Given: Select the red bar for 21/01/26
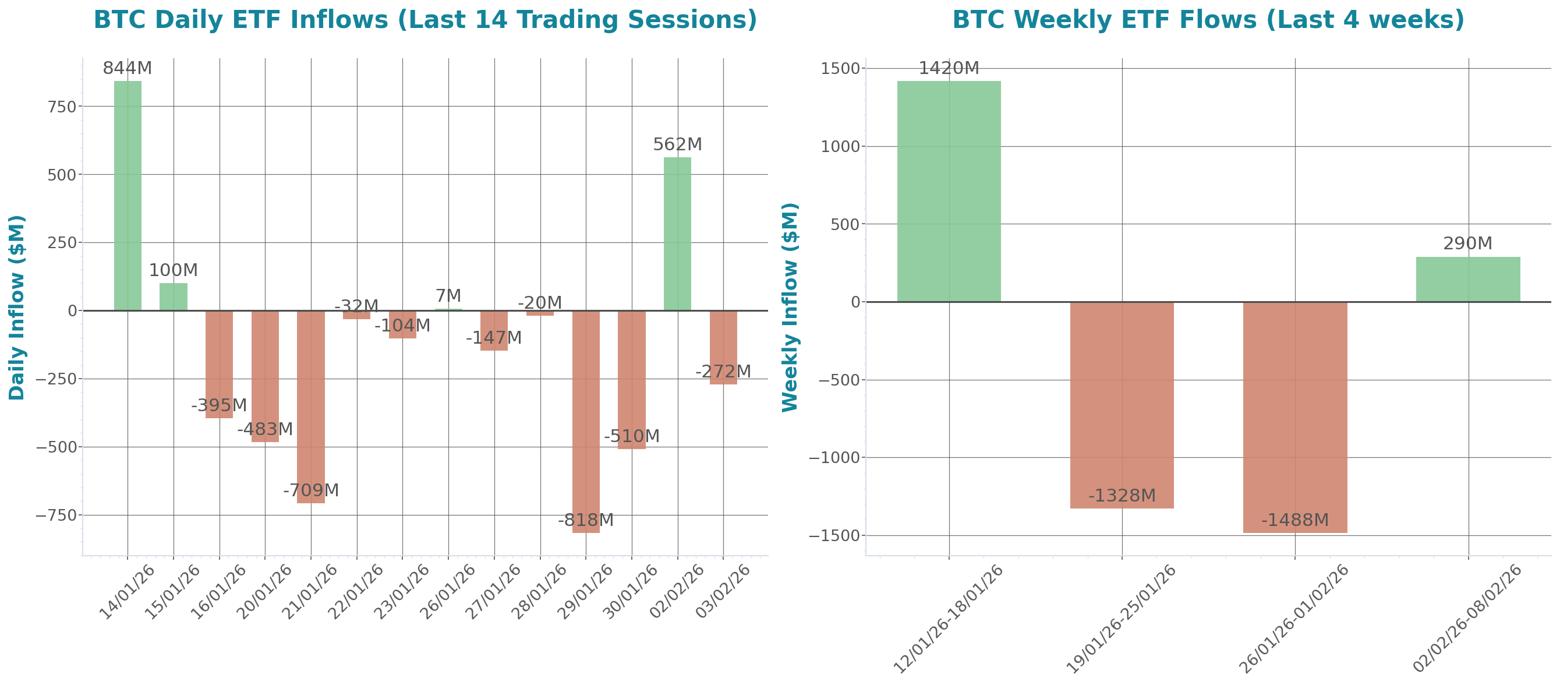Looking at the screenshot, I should click(311, 406).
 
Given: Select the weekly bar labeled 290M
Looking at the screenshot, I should click(1467, 279).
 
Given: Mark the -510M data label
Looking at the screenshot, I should click(631, 436).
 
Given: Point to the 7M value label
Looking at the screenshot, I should click(448, 295).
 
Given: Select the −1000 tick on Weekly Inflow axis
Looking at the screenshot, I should click(834, 458).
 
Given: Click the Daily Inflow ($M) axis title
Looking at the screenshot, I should click(16, 308).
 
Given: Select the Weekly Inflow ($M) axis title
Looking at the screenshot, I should click(790, 308).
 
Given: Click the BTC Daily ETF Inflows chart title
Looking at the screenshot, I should click(425, 20).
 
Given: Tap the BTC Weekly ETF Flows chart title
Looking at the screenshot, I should click(1208, 20).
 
